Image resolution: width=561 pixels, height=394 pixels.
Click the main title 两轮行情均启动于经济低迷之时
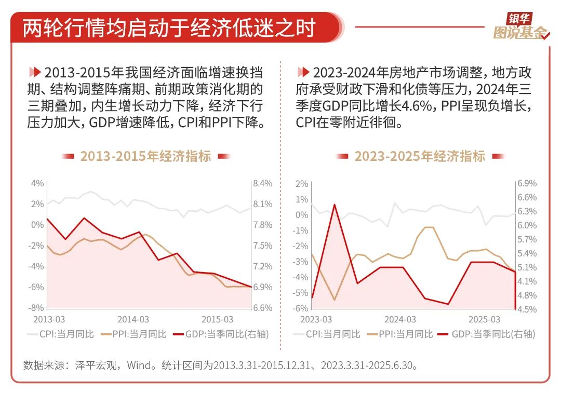pyautogui.click(x=169, y=28)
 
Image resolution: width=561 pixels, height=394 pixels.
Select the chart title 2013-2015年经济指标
pyautogui.click(x=145, y=156)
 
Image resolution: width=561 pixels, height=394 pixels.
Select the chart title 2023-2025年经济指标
pyautogui.click(x=420, y=156)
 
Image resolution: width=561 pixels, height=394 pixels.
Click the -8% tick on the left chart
pyautogui.click(x=36, y=308)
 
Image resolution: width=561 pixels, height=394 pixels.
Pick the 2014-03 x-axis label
pyautogui.click(x=132, y=319)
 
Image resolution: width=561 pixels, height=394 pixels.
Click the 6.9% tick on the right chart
pyautogui.click(x=527, y=184)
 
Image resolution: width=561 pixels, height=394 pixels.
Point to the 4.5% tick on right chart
pyautogui.click(x=527, y=309)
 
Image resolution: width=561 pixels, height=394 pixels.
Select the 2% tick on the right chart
pyautogui.click(x=302, y=184)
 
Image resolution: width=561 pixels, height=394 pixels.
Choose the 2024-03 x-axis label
pyautogui.click(x=400, y=319)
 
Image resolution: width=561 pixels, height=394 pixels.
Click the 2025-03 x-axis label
pyautogui.click(x=484, y=319)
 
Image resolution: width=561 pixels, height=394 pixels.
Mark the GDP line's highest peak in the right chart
pyautogui.click(x=334, y=204)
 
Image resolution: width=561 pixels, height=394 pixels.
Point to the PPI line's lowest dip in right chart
pyautogui.click(x=334, y=300)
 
